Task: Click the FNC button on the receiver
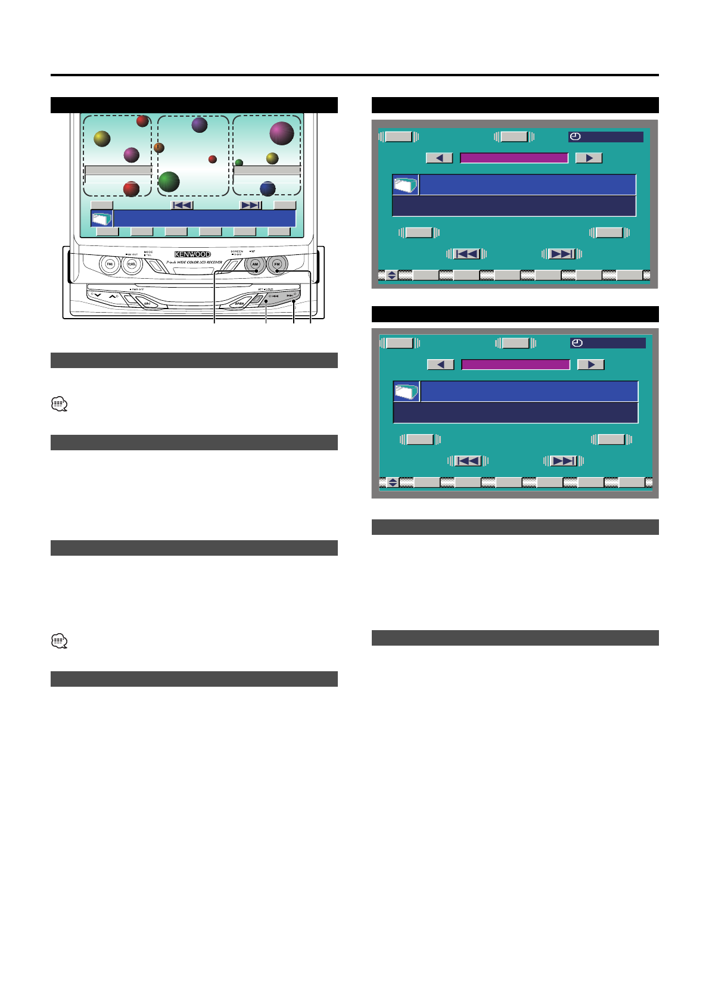click(x=109, y=264)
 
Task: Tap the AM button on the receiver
click(x=255, y=264)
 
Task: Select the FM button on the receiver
click(x=277, y=264)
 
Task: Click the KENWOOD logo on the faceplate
click(x=192, y=254)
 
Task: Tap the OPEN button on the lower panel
click(x=239, y=303)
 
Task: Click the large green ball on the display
click(x=169, y=182)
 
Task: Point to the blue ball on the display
click(x=268, y=188)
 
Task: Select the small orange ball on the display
click(x=159, y=147)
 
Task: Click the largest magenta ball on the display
click(x=282, y=133)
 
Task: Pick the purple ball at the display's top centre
click(x=200, y=125)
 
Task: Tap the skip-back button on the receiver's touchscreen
click(x=182, y=205)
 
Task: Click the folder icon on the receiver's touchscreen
click(x=102, y=219)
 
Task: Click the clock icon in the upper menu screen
click(x=576, y=137)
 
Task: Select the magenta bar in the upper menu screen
click(x=514, y=158)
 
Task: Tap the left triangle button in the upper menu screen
click(x=439, y=158)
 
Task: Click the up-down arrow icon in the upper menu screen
click(x=391, y=275)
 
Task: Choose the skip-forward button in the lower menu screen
click(x=563, y=461)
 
